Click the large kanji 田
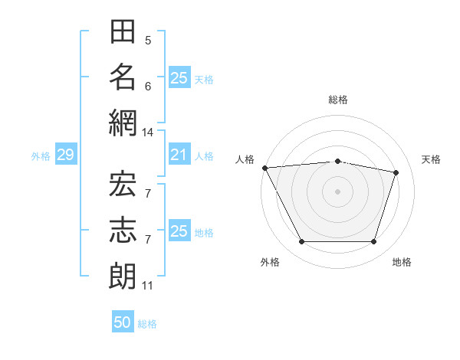click(x=123, y=31)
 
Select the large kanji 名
click(x=123, y=77)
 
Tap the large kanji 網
click(x=123, y=123)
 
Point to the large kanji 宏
click(x=123, y=184)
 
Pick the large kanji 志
click(x=123, y=230)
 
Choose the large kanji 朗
click(x=123, y=276)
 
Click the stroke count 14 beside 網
click(x=147, y=133)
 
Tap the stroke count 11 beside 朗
click(x=147, y=286)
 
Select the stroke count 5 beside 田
click(x=148, y=41)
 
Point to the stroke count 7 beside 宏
click(x=148, y=194)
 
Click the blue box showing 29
click(x=66, y=154)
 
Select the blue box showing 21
click(x=179, y=154)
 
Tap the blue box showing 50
click(x=123, y=321)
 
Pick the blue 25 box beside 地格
click(x=179, y=230)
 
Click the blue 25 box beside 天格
click(x=179, y=77)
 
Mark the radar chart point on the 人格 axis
click(x=265, y=168)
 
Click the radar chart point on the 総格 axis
click(x=337, y=162)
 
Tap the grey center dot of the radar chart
click(x=337, y=191)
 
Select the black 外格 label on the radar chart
click(x=270, y=262)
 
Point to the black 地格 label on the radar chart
click(x=402, y=262)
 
